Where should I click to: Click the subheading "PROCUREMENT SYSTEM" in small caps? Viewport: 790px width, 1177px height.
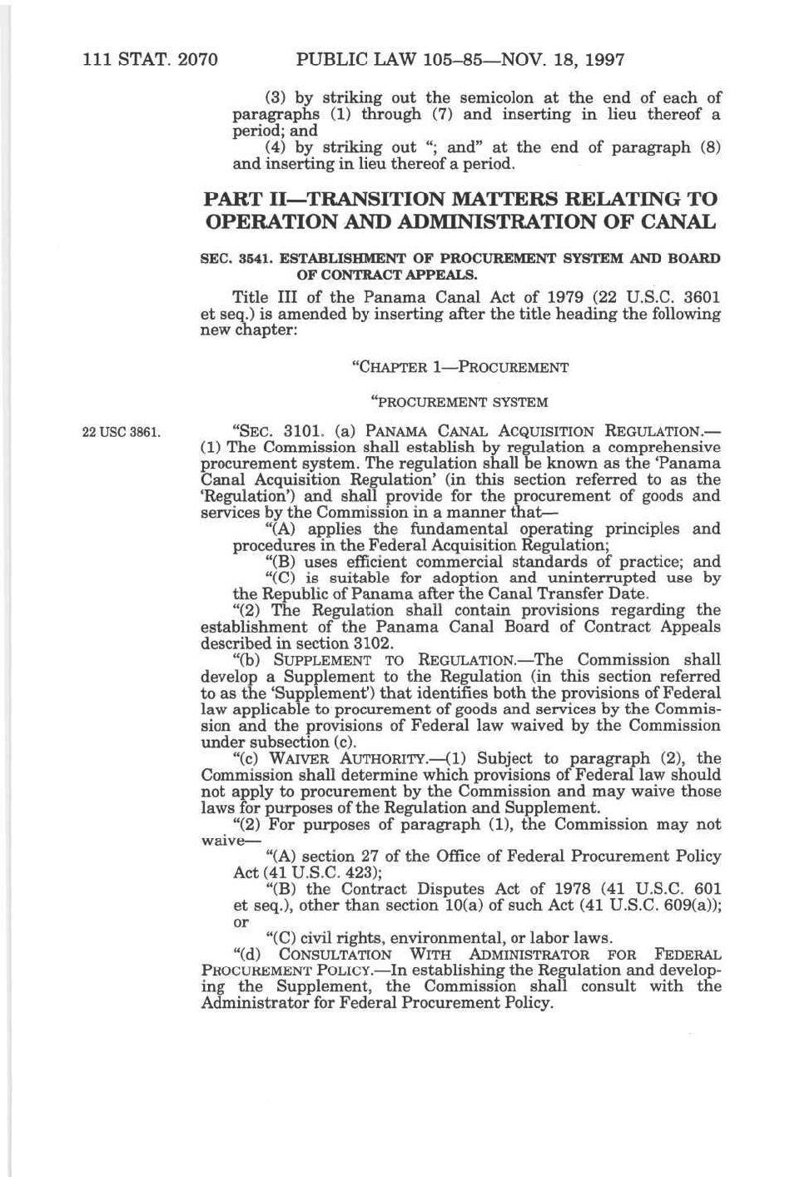(460, 403)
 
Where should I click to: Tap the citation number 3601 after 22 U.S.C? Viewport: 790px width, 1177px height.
(697, 298)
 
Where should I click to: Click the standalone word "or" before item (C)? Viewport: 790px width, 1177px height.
(241, 921)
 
